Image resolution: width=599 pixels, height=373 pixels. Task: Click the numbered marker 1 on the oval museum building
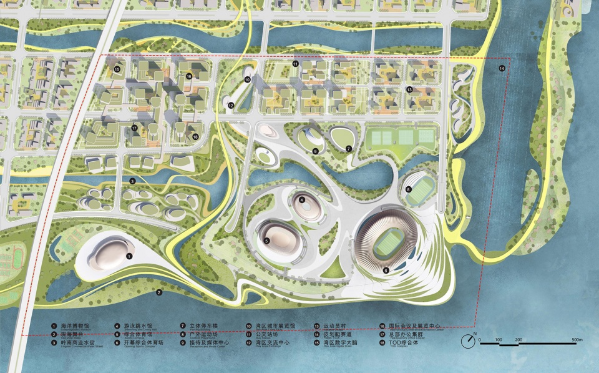click(129, 256)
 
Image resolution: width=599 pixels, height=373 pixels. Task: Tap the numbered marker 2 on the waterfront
click(158, 292)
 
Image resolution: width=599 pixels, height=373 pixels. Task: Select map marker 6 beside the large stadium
click(386, 271)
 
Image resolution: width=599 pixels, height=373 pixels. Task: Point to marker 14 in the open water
click(502, 68)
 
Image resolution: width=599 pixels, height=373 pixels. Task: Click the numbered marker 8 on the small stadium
click(408, 189)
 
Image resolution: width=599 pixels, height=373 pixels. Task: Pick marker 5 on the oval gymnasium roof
click(266, 241)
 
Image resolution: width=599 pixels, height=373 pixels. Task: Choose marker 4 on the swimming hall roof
click(301, 201)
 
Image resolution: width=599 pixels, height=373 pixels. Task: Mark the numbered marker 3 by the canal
click(132, 181)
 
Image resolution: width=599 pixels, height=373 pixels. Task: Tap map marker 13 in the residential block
click(409, 90)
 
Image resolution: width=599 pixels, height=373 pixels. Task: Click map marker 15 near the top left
click(117, 69)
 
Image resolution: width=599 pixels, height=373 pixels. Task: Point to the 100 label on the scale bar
click(499, 339)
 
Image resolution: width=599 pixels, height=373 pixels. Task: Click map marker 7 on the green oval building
click(349, 148)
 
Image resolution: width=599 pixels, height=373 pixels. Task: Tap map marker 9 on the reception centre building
click(316, 151)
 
